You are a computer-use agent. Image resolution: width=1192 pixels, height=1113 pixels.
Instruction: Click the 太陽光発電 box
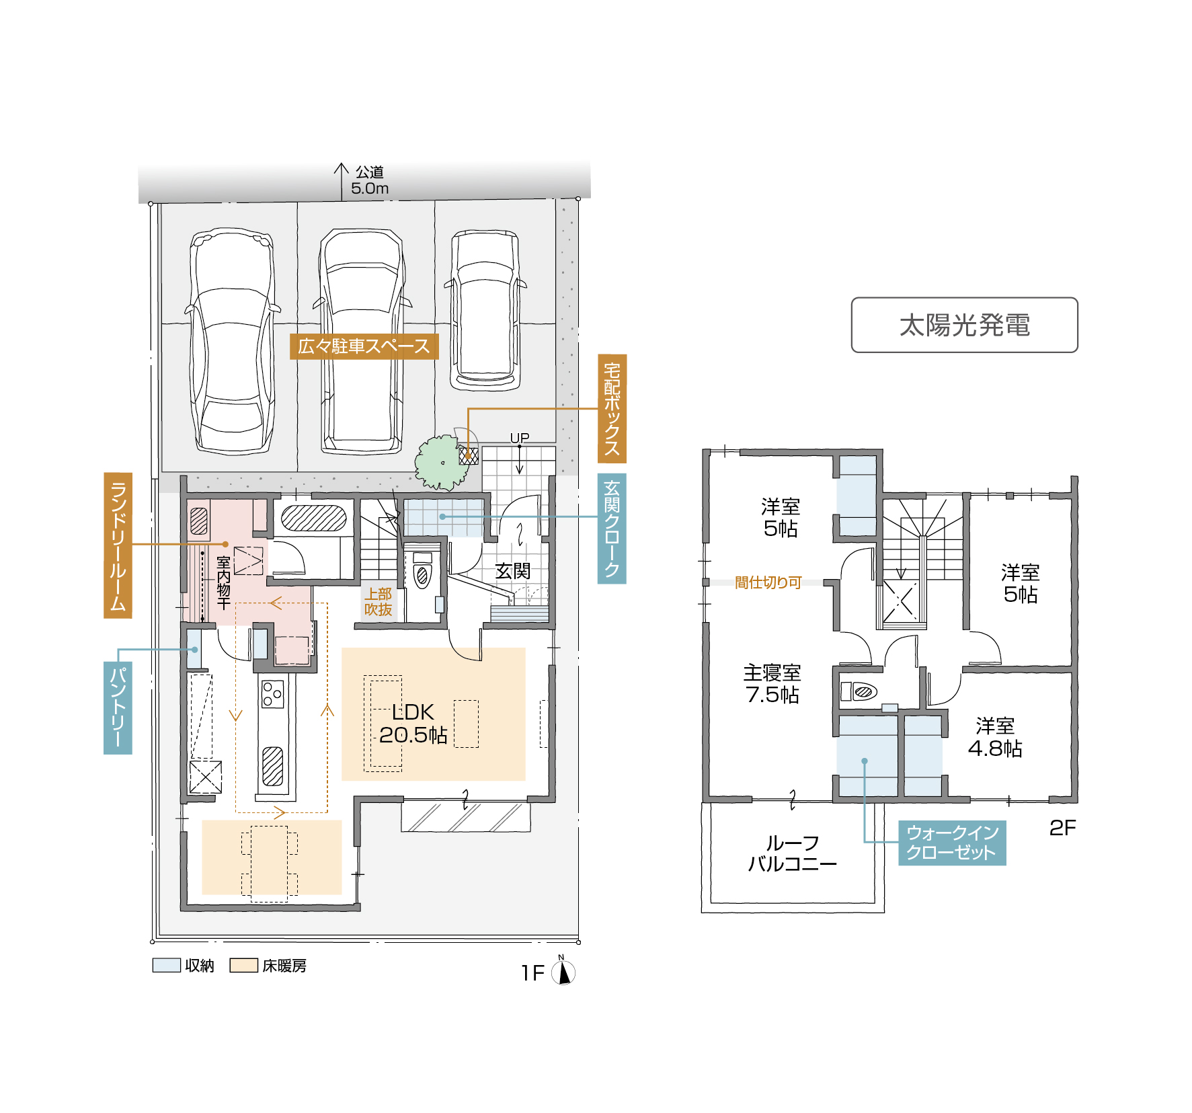click(x=964, y=325)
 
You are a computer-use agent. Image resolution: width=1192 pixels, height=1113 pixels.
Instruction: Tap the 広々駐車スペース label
click(x=364, y=346)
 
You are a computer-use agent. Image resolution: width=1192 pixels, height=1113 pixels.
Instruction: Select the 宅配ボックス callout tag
click(x=612, y=408)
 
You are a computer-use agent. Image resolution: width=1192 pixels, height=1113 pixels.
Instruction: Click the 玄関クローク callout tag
click(x=612, y=529)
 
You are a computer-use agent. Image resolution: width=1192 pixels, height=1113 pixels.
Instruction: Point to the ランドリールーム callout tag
click(x=118, y=545)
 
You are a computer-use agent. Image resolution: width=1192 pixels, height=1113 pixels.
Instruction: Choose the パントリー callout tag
click(x=118, y=707)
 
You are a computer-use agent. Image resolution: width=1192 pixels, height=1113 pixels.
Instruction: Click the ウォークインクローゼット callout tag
click(x=952, y=843)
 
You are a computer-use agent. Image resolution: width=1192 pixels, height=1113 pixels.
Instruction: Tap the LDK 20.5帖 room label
click(x=413, y=724)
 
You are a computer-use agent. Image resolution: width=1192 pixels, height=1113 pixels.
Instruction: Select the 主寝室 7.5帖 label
click(x=772, y=683)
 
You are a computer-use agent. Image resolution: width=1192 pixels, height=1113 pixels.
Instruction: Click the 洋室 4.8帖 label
click(x=995, y=737)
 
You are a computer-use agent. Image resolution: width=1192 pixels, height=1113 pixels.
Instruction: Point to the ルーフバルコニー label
click(x=792, y=853)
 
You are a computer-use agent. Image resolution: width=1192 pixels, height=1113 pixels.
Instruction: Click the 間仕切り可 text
click(x=768, y=582)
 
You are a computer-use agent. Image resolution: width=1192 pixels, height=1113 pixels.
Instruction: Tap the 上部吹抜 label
click(x=378, y=602)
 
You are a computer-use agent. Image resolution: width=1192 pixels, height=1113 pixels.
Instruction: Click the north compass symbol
click(x=563, y=972)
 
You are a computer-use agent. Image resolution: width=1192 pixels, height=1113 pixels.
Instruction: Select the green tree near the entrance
click(x=441, y=463)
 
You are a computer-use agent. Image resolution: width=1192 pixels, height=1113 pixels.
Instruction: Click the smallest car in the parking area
click(x=485, y=309)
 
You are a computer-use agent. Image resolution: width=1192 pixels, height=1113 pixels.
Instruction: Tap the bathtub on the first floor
click(x=313, y=519)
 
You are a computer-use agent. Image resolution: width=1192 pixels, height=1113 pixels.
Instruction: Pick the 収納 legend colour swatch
click(x=166, y=966)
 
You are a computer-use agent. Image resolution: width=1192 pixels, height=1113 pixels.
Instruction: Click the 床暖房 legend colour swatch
click(x=243, y=966)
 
